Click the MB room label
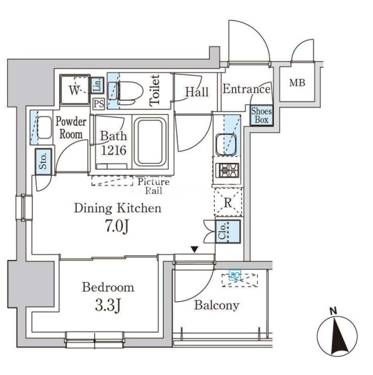pos(297,83)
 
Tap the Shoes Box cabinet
pos(261,116)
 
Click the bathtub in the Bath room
pos(150,142)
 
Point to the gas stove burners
pos(227,170)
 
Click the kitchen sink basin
pos(226,144)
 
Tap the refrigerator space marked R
pos(228,202)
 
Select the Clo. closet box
pos(228,231)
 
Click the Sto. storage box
pos(43,162)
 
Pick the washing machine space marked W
pos(75,90)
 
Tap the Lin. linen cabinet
pos(97,85)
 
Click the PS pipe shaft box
pos(98,104)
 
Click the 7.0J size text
pos(117,226)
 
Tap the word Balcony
pos(217,305)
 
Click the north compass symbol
pos(337,335)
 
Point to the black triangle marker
pos(195,250)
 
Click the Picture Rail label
pos(154,186)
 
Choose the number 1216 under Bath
pos(114,150)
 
